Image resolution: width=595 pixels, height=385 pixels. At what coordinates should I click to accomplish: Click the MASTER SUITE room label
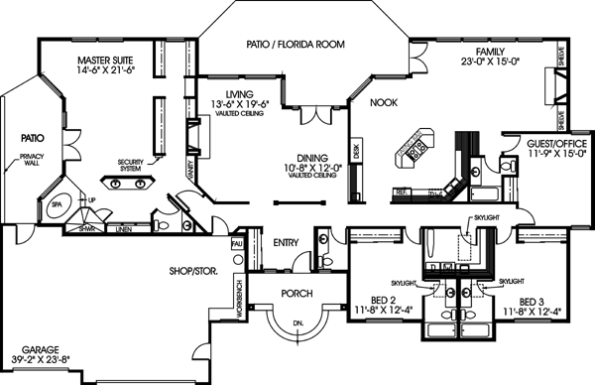tap(106, 61)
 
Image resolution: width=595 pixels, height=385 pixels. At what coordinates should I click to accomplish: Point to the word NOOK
tap(384, 102)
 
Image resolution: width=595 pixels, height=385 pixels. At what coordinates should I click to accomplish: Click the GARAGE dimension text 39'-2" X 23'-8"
tap(40, 361)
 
